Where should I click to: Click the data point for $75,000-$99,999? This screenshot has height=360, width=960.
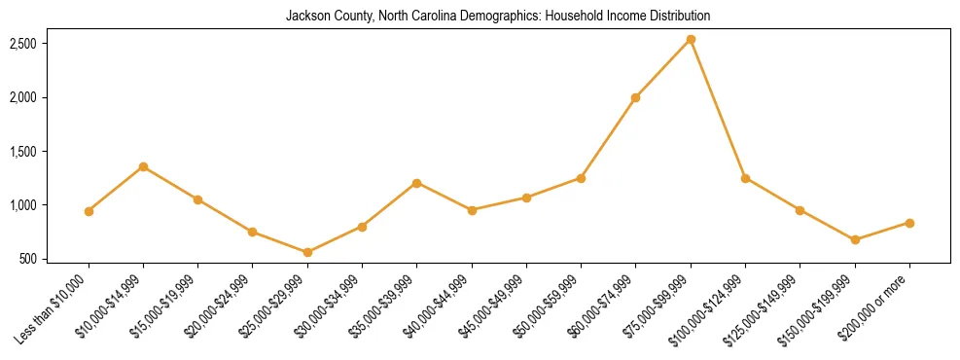[x=691, y=40]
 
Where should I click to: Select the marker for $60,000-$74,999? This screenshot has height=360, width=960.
[x=635, y=97]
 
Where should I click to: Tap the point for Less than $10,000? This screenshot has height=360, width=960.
[x=89, y=211]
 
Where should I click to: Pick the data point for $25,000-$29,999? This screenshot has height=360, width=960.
[x=307, y=252]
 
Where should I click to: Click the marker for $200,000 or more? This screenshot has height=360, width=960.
[x=909, y=223]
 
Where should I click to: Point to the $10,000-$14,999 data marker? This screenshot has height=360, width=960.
[x=143, y=166]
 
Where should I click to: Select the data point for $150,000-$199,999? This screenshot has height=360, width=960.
[x=855, y=239]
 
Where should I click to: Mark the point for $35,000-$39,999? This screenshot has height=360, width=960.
[x=416, y=183]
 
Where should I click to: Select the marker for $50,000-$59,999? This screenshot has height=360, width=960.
[x=581, y=178]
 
